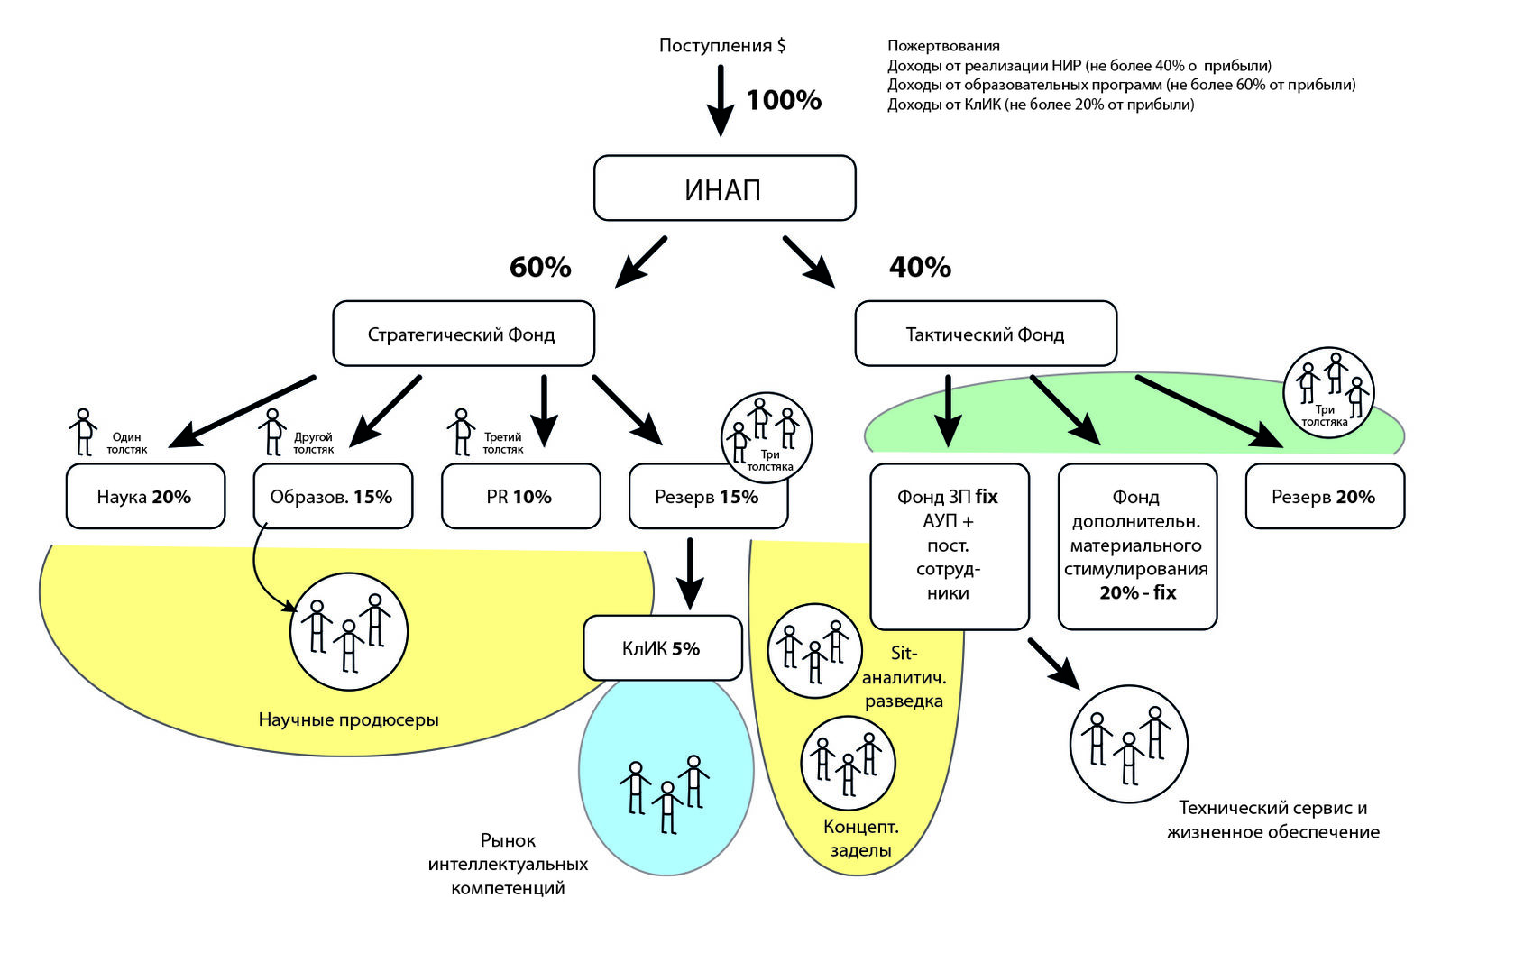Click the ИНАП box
point(724,188)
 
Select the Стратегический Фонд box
point(464,334)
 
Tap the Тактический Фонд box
point(986,334)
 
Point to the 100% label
point(784,100)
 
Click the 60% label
point(540,267)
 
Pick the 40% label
point(920,267)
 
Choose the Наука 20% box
point(145,496)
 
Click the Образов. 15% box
point(333,496)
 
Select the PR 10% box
point(520,496)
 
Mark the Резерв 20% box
point(1325,496)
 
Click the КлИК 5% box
point(662,648)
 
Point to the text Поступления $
point(722,45)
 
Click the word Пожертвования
point(943,46)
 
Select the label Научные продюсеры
point(348,719)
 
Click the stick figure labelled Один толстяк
point(84,432)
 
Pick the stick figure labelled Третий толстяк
point(462,432)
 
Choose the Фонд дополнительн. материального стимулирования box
point(1137,545)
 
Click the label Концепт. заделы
point(861,838)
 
